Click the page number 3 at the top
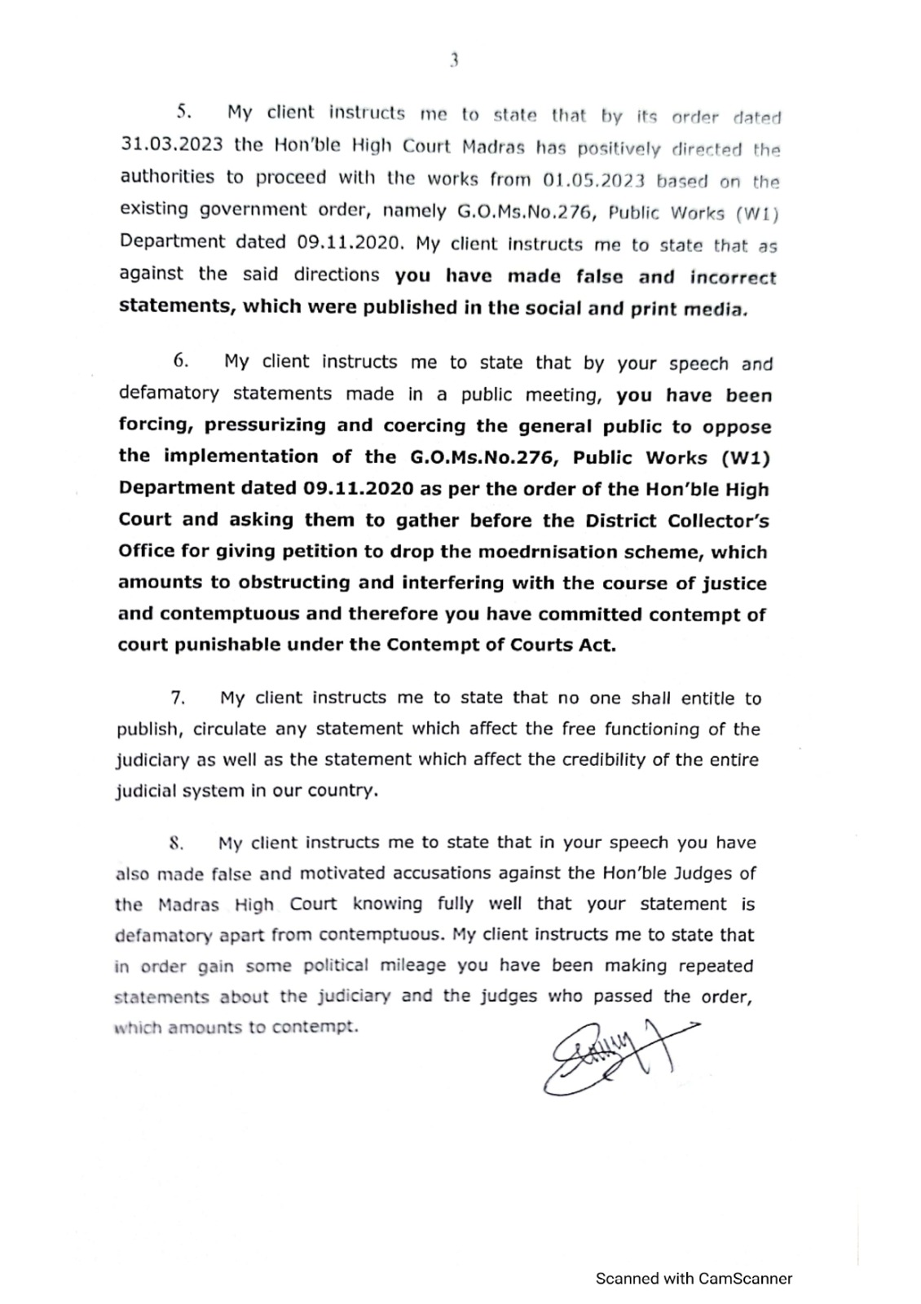[x=454, y=59]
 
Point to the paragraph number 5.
[x=183, y=112]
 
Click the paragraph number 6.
[x=181, y=360]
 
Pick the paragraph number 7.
[x=178, y=698]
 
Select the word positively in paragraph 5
[x=619, y=148]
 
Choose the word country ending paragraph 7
[x=342, y=791]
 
